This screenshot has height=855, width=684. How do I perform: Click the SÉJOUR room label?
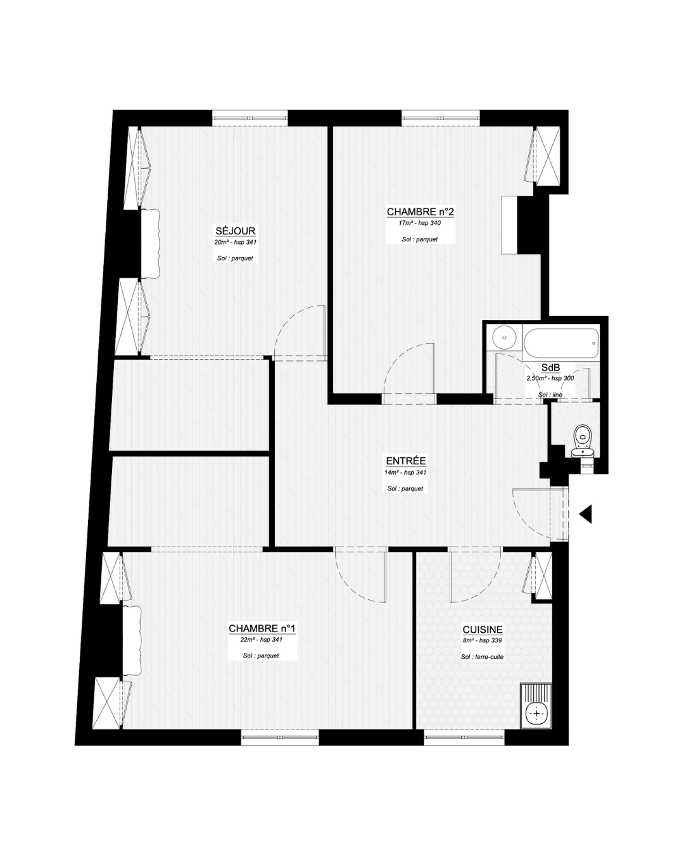pyautogui.click(x=236, y=231)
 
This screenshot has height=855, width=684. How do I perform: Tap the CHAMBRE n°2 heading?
pyautogui.click(x=420, y=212)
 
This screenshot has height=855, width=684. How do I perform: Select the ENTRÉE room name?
pyautogui.click(x=406, y=461)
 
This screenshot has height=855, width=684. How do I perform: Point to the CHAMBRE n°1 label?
pyautogui.click(x=262, y=628)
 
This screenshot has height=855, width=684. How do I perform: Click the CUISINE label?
pyautogui.click(x=483, y=630)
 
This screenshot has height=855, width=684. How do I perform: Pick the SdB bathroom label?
pyautogui.click(x=550, y=368)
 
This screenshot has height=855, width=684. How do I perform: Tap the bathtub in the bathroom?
pyautogui.click(x=561, y=343)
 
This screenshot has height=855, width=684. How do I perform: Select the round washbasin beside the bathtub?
pyautogui.click(x=504, y=338)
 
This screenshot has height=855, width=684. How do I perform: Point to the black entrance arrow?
pyautogui.click(x=585, y=514)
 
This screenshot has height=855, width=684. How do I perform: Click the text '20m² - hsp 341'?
pyautogui.click(x=236, y=242)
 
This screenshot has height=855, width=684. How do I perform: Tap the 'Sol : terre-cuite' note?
pyautogui.click(x=482, y=657)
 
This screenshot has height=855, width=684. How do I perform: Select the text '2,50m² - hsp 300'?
pyautogui.click(x=550, y=378)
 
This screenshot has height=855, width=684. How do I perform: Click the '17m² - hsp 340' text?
pyautogui.click(x=420, y=223)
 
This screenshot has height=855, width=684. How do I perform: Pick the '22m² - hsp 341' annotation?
pyautogui.click(x=262, y=640)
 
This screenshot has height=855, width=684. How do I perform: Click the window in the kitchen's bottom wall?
pyautogui.click(x=464, y=737)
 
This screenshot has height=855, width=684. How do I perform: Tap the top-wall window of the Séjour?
pyautogui.click(x=250, y=118)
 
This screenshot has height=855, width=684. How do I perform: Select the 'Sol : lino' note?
pyautogui.click(x=550, y=395)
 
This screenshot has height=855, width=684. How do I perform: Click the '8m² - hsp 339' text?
pyautogui.click(x=482, y=640)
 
